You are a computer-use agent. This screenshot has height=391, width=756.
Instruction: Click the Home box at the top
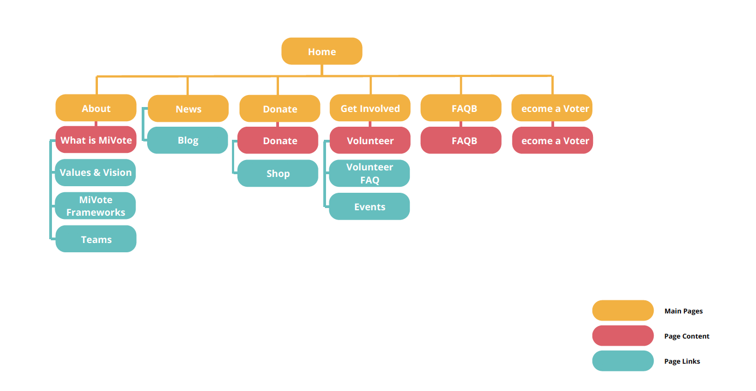tap(322, 51)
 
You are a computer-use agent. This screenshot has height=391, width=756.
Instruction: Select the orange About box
tap(96, 108)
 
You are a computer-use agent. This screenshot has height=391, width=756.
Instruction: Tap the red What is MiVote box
tap(96, 140)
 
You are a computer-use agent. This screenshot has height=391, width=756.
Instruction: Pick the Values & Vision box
tap(96, 173)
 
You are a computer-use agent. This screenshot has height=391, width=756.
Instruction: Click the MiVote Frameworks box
tap(96, 206)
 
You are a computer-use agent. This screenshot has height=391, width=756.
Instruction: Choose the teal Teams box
tap(96, 239)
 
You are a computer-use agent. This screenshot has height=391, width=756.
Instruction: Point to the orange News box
tap(188, 109)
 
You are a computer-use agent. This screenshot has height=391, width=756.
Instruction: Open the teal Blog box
tap(188, 140)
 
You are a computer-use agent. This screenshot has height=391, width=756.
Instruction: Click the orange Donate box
tap(280, 109)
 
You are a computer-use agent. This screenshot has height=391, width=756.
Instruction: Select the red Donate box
tap(280, 140)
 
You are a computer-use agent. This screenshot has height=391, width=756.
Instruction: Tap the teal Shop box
tap(278, 174)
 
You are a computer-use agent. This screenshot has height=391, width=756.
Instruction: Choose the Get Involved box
tap(370, 108)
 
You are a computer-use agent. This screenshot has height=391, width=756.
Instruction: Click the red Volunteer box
tap(370, 140)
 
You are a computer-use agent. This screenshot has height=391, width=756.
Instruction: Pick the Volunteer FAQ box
tap(369, 174)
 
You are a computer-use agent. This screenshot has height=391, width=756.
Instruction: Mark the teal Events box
tap(369, 206)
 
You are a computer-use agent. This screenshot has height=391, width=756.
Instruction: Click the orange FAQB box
tap(461, 108)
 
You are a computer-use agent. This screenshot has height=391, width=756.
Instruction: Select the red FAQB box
tap(461, 140)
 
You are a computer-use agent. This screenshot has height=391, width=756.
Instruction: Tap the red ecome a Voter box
tap(553, 140)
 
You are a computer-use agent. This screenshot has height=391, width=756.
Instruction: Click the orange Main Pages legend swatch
tap(623, 311)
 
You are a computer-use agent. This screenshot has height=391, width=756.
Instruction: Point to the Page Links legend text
tap(682, 361)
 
